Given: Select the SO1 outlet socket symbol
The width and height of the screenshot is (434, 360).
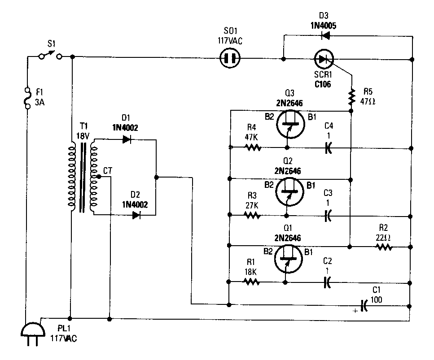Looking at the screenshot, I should [229, 58].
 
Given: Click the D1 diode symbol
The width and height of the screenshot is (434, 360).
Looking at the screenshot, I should [127, 139].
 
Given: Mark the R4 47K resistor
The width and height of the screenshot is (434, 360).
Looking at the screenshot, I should [252, 147].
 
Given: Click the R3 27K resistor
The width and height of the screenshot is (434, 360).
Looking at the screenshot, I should [252, 215].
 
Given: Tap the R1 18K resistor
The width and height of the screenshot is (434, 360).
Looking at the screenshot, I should [251, 282].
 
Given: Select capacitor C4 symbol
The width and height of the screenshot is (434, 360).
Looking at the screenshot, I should [328, 147].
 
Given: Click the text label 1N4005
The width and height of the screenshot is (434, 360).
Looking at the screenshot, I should [323, 26].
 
